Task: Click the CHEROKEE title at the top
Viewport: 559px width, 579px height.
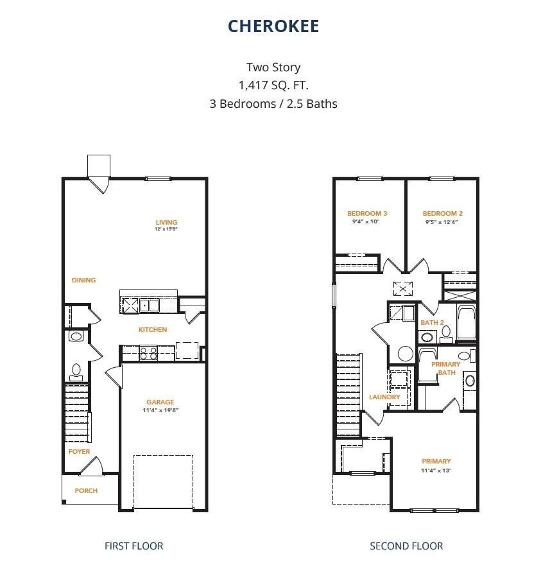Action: tap(273, 26)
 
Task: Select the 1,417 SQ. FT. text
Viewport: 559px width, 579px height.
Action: tap(273, 85)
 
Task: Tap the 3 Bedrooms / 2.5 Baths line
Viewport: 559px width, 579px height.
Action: tap(273, 103)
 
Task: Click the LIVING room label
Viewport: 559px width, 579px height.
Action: tap(166, 223)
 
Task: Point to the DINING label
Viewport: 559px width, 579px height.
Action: tap(83, 280)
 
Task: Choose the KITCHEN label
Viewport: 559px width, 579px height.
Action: tap(153, 329)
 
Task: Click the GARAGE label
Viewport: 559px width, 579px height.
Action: tap(159, 402)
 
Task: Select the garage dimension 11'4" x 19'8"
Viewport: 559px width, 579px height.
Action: tap(159, 410)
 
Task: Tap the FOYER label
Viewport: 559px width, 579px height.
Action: tap(80, 451)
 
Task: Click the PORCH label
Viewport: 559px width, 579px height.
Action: tap(86, 490)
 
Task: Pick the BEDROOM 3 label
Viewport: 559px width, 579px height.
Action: tap(367, 214)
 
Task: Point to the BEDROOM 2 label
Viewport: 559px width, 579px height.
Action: tap(443, 214)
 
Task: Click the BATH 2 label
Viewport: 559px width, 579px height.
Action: tap(432, 322)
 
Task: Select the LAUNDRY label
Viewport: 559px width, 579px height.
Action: tap(384, 397)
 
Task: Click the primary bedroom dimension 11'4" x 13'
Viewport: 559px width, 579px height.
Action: tap(436, 470)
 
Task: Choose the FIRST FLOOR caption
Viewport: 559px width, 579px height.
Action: tap(133, 546)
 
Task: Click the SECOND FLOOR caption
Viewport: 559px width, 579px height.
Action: tap(406, 546)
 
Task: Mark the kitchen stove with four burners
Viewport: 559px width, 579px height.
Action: tap(148, 352)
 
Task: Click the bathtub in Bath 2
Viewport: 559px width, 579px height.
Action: tap(465, 323)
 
